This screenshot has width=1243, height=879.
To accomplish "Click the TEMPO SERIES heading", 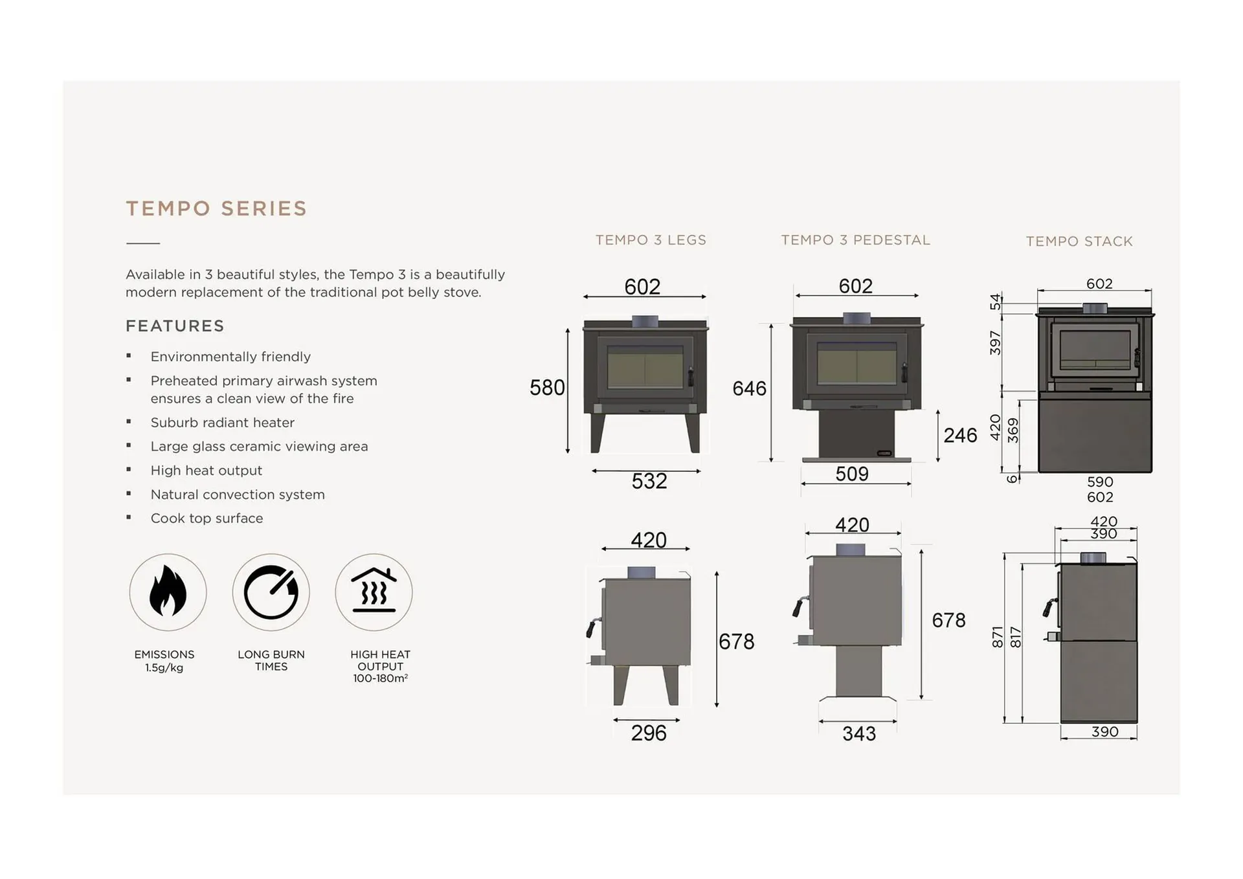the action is pyautogui.click(x=216, y=208).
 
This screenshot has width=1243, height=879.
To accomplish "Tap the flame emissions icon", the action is pyautogui.click(x=168, y=592).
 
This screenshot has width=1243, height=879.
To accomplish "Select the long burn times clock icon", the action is pyautogui.click(x=271, y=592).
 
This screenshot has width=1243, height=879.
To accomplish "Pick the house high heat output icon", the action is pyautogui.click(x=374, y=592).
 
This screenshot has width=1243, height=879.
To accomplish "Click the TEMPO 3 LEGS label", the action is pyautogui.click(x=651, y=240).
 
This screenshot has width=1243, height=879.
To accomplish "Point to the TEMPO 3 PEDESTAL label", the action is pyautogui.click(x=855, y=240).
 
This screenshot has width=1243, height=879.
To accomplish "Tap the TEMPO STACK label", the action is pyautogui.click(x=1079, y=241).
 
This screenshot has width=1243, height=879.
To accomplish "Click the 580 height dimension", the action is pyautogui.click(x=547, y=388).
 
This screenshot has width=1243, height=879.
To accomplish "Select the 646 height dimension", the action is pyautogui.click(x=749, y=388).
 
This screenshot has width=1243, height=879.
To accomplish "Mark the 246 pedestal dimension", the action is pyautogui.click(x=960, y=436).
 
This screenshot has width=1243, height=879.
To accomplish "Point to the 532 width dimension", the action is pyautogui.click(x=649, y=481).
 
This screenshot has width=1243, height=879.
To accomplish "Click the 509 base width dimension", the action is pyautogui.click(x=852, y=474).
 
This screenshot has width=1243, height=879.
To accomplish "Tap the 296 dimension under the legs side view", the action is pyautogui.click(x=649, y=733).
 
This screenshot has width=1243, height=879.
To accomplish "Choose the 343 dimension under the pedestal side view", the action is pyautogui.click(x=859, y=733).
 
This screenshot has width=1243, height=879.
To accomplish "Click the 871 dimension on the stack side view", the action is pyautogui.click(x=998, y=637).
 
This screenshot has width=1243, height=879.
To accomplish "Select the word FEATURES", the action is pyautogui.click(x=175, y=326).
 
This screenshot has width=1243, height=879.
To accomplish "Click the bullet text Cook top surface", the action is pyautogui.click(x=207, y=518).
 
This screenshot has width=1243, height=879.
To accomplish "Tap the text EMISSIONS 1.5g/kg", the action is pyautogui.click(x=164, y=661).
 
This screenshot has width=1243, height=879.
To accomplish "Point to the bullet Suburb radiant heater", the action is pyautogui.click(x=223, y=423).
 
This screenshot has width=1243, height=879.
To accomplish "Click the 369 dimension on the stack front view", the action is pyautogui.click(x=1013, y=430).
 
